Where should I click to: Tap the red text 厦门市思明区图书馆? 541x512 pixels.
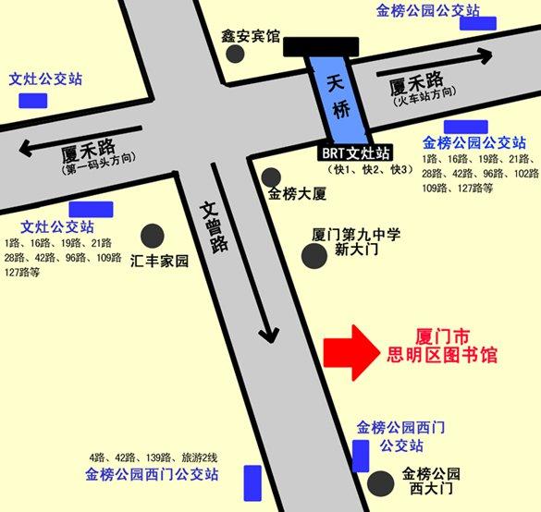(443, 343)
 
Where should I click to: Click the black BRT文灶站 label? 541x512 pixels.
(359, 152)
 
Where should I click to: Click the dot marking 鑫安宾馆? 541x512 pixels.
(236, 54)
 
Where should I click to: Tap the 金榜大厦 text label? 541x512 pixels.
(298, 194)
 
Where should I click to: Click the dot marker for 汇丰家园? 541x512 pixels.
(153, 237)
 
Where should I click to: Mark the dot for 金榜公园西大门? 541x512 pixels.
(379, 482)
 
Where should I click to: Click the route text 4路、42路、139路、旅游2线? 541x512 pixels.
(153, 457)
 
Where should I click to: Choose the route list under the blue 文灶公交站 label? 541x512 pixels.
(62, 257)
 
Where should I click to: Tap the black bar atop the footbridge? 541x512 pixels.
(321, 47)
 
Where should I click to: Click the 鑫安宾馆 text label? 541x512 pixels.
(250, 35)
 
